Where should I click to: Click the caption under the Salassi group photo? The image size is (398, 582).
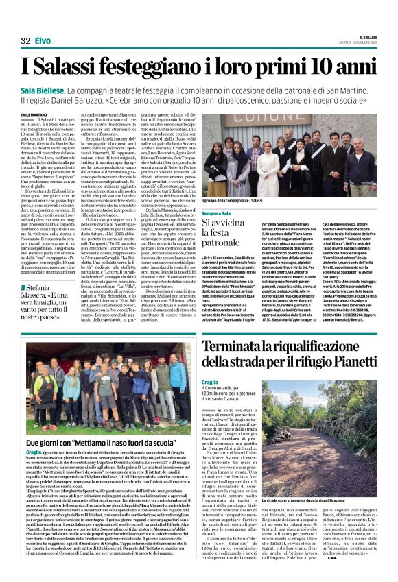coord(233,201)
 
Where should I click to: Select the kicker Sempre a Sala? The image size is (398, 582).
coord(217,213)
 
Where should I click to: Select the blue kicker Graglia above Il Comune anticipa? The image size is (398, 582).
coord(210,382)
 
